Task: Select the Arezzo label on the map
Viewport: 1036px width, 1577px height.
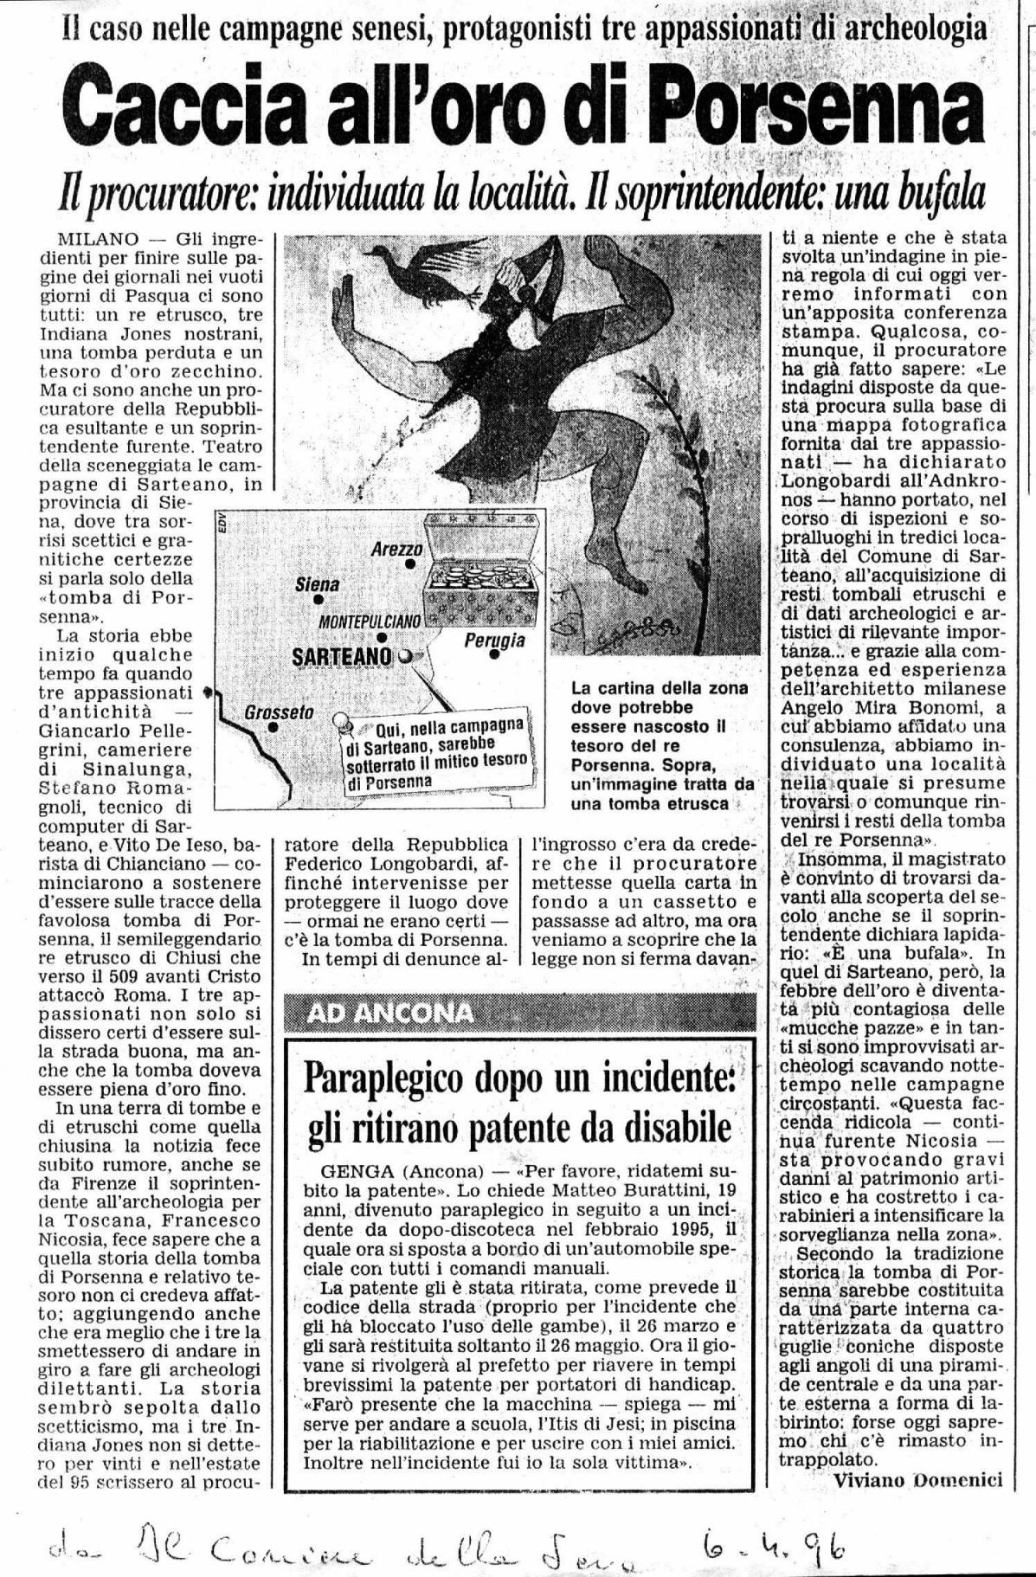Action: pos(396,550)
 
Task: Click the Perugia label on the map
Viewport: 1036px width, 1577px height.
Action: pos(494,641)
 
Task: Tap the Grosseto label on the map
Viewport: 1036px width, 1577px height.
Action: pos(278,714)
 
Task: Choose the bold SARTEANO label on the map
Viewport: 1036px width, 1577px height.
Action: pos(343,656)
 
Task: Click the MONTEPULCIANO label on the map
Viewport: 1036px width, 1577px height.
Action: pos(370,621)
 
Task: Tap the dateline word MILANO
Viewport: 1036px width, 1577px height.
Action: pos(87,237)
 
